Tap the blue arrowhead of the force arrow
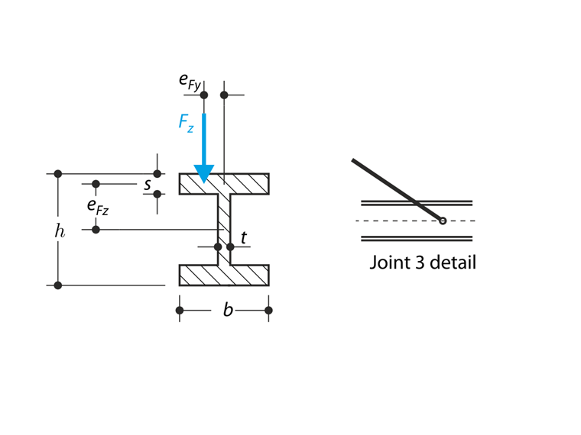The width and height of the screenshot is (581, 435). coord(203,173)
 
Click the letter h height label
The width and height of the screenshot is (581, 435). coord(60,230)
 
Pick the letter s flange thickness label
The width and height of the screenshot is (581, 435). coord(147,184)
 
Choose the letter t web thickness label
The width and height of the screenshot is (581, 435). coord(244,238)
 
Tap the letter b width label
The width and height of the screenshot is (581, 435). coord(228,310)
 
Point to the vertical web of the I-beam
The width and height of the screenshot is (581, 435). coord(224,229)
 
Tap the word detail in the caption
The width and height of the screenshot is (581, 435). coord(453,263)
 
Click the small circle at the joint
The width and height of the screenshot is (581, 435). coord(443,221)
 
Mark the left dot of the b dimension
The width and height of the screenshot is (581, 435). coord(180,310)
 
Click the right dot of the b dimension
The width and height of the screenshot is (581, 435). coord(268,310)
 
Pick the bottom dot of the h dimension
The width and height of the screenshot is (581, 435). coord(58,285)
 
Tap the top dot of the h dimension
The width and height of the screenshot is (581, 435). coord(58,174)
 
